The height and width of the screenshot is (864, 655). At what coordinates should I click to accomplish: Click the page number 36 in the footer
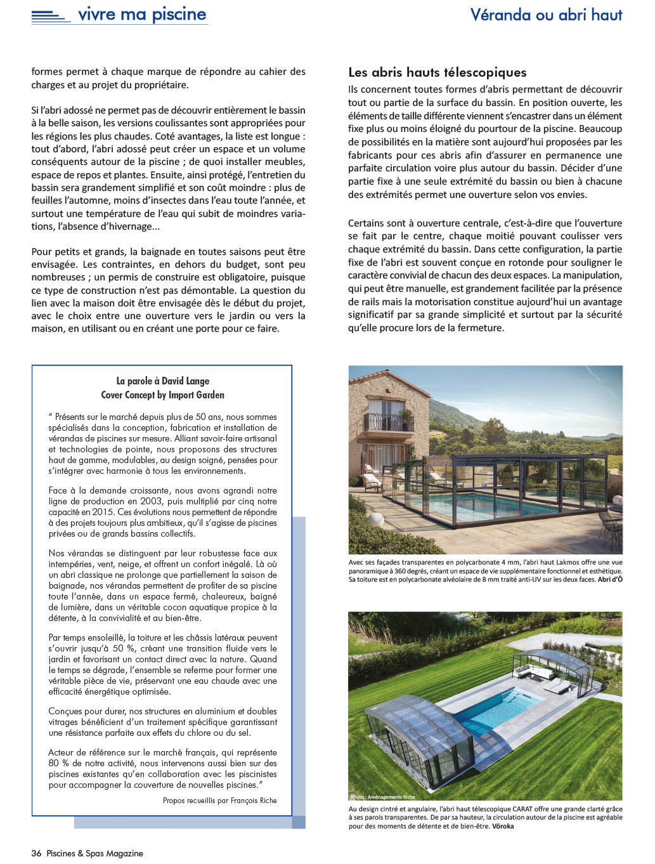click(x=36, y=853)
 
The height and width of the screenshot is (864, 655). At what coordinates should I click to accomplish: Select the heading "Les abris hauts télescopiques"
click(x=438, y=72)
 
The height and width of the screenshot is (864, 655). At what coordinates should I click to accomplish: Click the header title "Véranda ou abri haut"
click(x=546, y=15)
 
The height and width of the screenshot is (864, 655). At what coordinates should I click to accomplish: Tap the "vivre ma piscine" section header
click(x=142, y=14)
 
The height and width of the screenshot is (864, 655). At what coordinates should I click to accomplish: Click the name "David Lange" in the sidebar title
click(x=185, y=381)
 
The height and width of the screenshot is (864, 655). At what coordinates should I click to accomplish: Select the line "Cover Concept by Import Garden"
click(x=162, y=395)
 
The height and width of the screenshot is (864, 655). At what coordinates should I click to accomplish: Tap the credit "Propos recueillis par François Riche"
click(x=219, y=801)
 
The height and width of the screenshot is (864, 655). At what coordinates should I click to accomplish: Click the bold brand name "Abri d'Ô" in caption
click(x=610, y=579)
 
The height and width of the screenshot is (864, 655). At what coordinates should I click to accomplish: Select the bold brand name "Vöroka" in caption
click(x=503, y=826)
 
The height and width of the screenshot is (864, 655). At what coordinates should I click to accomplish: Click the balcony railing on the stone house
click(x=389, y=422)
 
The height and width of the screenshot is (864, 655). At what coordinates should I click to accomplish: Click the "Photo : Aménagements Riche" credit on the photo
click(x=382, y=797)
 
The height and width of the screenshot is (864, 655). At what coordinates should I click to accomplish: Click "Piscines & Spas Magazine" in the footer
click(x=94, y=853)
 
